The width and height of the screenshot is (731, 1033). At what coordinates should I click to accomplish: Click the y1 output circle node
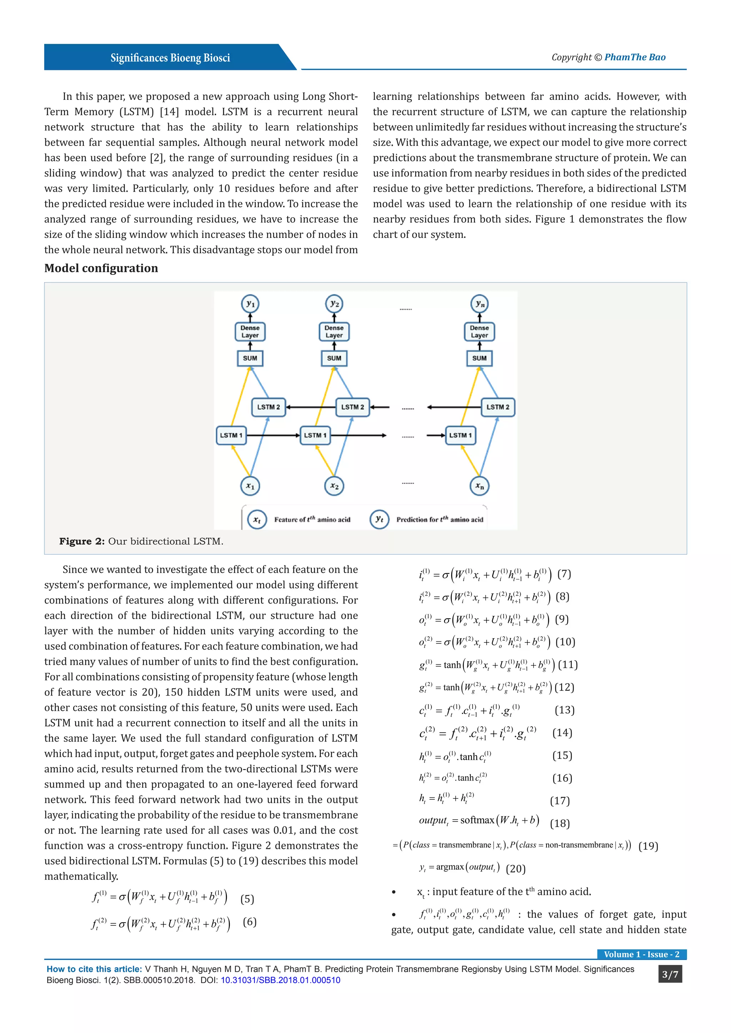pyautogui.click(x=250, y=304)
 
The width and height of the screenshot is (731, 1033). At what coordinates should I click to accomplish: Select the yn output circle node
pyautogui.click(x=479, y=304)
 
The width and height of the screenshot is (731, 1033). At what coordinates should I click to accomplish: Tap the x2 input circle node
pyautogui.click(x=334, y=486)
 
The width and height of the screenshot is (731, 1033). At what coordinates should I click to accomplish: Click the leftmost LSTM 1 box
pyautogui.click(x=231, y=435)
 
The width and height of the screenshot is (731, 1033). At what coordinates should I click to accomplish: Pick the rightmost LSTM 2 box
pyautogui.click(x=498, y=407)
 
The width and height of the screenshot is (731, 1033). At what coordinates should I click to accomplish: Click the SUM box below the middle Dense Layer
pyautogui.click(x=334, y=358)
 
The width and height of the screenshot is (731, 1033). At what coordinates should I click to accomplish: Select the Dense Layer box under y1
pyautogui.click(x=250, y=332)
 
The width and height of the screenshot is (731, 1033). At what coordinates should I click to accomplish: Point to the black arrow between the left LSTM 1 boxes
pyautogui.click(x=273, y=435)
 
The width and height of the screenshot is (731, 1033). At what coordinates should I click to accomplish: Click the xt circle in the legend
pyautogui.click(x=257, y=520)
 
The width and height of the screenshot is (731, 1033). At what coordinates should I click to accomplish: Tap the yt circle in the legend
pyautogui.click(x=379, y=519)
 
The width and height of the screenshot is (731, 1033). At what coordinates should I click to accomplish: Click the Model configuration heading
pyautogui.click(x=101, y=268)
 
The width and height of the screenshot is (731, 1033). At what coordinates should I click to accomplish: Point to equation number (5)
pyautogui.click(x=247, y=899)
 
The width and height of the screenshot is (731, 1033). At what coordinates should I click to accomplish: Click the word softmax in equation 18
pyautogui.click(x=477, y=820)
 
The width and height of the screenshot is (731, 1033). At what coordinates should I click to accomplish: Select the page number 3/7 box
pyautogui.click(x=670, y=975)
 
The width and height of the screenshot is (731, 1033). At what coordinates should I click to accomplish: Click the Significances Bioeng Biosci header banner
pyautogui.click(x=170, y=57)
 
